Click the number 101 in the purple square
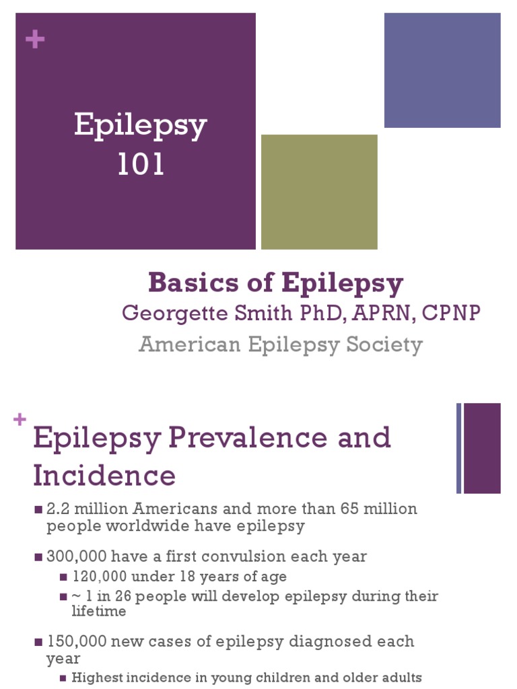click(141, 165)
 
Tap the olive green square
click(319, 192)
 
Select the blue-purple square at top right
click(442, 70)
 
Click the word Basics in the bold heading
click(184, 283)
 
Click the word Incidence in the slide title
click(104, 476)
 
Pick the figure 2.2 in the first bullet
click(58, 509)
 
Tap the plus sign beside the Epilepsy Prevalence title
click(20, 421)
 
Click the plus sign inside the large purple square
click(34, 40)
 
